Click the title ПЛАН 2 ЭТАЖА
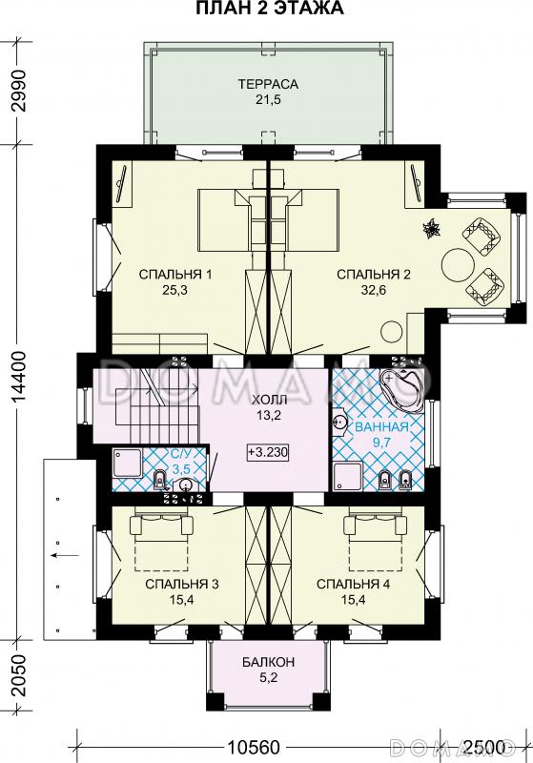270,9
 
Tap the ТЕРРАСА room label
268,84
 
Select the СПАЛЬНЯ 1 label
175,275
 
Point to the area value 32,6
374,291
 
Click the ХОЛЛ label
269,400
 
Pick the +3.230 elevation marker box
268,452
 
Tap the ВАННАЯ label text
381,427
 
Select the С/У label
181,455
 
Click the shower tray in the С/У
128,464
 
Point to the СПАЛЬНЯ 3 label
182,584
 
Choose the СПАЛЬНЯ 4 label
353,584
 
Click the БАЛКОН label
269,662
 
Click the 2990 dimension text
17,96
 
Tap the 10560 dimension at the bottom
255,747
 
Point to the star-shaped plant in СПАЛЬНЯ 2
431,230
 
